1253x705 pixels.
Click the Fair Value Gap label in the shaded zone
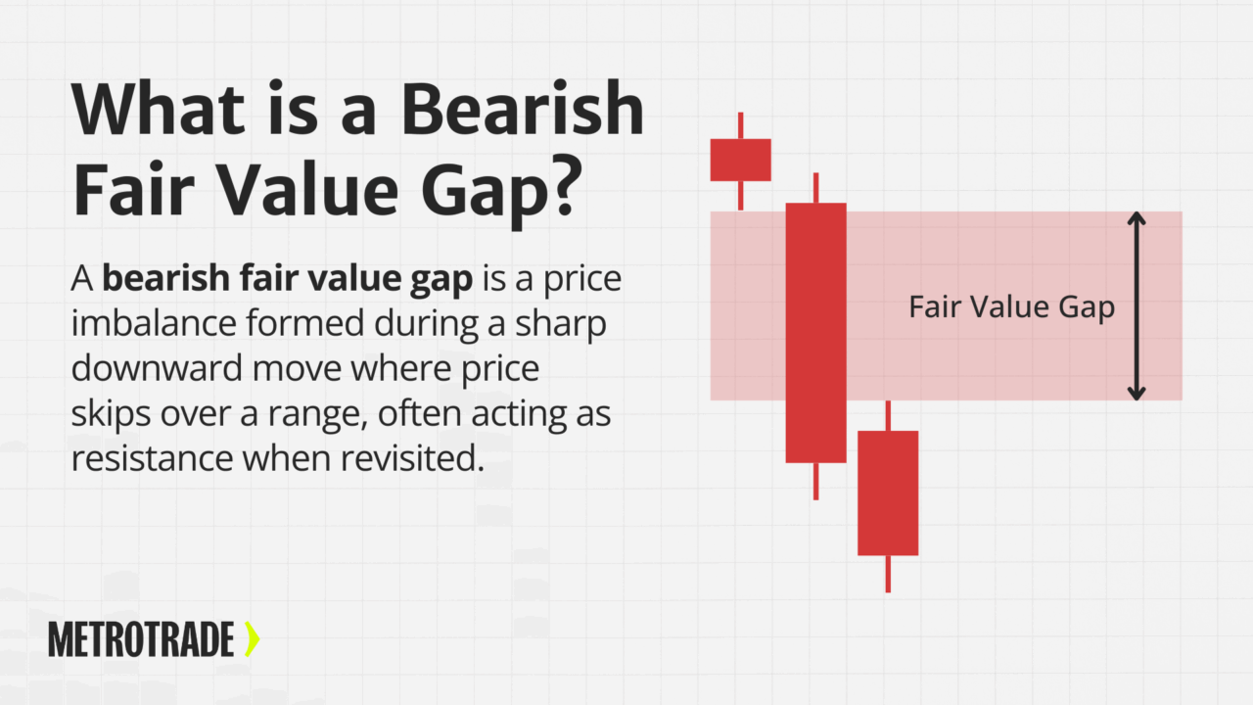click(x=1011, y=307)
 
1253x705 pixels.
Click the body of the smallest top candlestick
click(x=740, y=160)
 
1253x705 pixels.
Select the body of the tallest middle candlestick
click(x=815, y=333)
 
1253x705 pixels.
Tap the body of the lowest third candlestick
click(x=888, y=493)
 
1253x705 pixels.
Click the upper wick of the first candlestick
click(x=740, y=125)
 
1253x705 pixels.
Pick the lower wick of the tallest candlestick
click(x=815, y=481)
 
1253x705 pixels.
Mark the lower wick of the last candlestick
click(x=888, y=574)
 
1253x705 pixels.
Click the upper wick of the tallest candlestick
click(x=815, y=187)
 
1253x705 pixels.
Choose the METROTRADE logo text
click(x=141, y=640)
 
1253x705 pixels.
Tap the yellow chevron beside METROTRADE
click(x=253, y=639)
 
